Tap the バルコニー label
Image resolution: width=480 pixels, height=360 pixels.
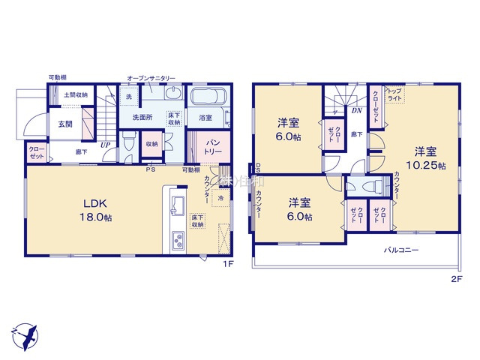(x=401, y=250)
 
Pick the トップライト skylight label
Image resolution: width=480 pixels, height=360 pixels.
(x=394, y=94)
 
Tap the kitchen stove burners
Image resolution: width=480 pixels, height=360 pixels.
(x=179, y=241)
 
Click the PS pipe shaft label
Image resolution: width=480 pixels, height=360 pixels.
(x=150, y=169)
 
